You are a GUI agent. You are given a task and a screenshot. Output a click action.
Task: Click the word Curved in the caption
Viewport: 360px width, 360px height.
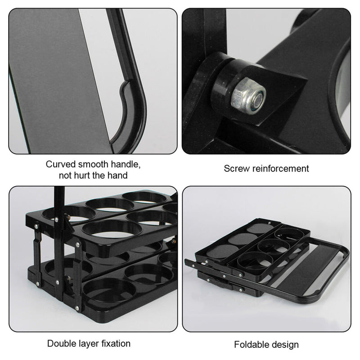60,164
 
